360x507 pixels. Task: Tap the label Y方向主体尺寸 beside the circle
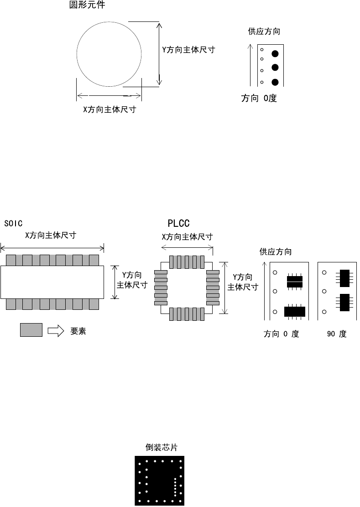point(188,50)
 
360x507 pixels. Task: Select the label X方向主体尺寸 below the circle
point(109,110)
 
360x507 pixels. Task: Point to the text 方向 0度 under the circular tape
point(259,98)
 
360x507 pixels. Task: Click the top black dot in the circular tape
point(275,53)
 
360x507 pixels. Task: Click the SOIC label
point(13,224)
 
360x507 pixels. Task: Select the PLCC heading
point(178,223)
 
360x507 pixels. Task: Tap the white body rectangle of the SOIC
point(52,282)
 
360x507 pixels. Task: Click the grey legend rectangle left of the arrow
point(31,330)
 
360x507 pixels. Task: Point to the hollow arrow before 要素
point(56,331)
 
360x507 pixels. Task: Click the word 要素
point(78,331)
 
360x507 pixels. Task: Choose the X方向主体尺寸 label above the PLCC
point(187,237)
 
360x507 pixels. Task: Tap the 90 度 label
point(337,334)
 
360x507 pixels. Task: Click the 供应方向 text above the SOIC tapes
point(276,251)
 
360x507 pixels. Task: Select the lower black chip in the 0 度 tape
point(294,311)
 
